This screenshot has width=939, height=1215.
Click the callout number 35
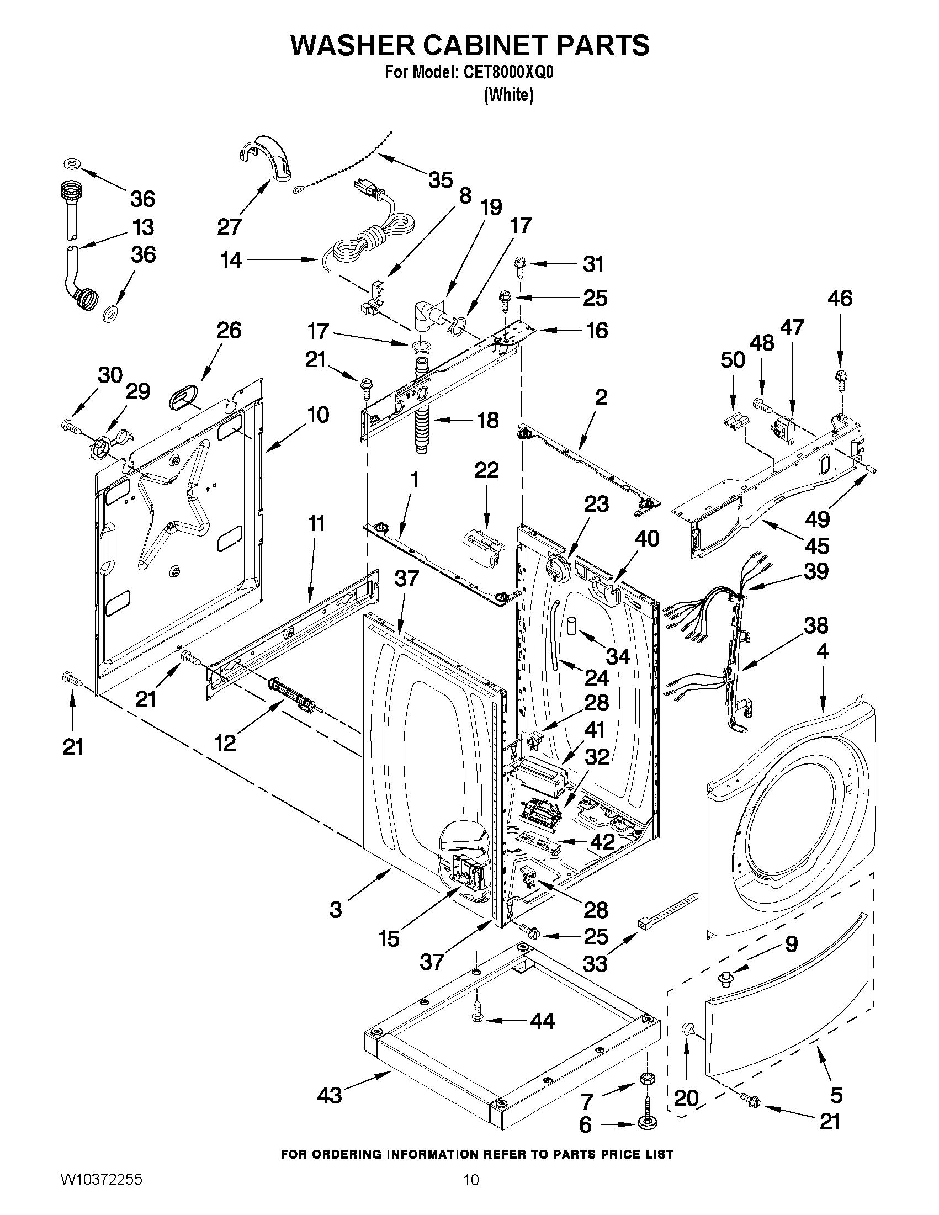pos(441,180)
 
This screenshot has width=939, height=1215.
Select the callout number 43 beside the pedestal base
pos(330,1096)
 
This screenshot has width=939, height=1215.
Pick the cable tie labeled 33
pos(667,909)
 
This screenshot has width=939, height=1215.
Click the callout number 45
pos(817,546)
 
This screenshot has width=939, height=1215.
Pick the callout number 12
pos(226,742)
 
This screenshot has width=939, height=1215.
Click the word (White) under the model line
pos(509,95)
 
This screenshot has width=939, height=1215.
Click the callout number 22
pos(486,471)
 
